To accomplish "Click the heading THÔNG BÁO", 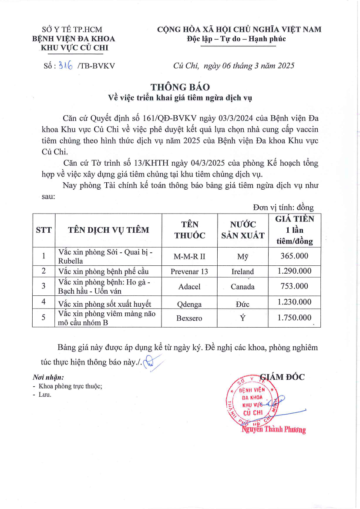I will coord(180,87).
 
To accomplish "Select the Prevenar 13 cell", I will coord(189,271).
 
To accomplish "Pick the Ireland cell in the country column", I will coord(242,271).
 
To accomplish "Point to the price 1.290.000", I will coord(294,271).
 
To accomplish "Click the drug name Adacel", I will coord(189,287).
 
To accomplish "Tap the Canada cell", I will coord(242,287).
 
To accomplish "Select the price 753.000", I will coord(294,286).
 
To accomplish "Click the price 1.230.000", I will coord(294,302).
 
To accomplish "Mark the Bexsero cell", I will coord(189,318).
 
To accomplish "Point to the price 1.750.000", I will coord(294,317).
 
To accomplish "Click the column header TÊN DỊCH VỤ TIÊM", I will coord(108,230).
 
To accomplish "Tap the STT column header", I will coord(44,230).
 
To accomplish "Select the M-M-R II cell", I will coord(189,256).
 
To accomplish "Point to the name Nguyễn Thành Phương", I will coord(274,430).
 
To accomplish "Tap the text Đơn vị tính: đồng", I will coord(283,208).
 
